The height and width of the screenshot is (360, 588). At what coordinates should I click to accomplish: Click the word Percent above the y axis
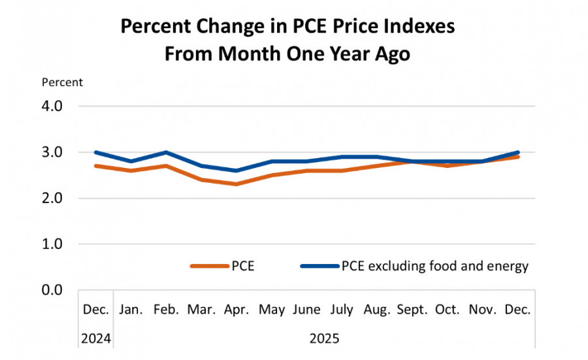[x=62, y=82]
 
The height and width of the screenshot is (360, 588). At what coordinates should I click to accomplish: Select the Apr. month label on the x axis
[x=237, y=308]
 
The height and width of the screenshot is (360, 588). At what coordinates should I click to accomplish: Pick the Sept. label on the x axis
[x=412, y=308]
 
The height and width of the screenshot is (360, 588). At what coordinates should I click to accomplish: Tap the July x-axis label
[x=342, y=308]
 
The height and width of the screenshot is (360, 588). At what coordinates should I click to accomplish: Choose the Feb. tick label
[x=166, y=308]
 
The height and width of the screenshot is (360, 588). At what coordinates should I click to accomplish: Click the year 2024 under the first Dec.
[x=96, y=338]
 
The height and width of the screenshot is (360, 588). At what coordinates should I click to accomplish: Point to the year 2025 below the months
[x=325, y=338]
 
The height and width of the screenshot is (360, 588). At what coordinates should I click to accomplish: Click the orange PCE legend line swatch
[x=209, y=266]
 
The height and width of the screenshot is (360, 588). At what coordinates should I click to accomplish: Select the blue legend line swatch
[x=319, y=266]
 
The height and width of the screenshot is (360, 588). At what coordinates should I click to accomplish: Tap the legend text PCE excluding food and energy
[x=434, y=266]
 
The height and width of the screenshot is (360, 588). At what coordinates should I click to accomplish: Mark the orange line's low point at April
[x=237, y=184]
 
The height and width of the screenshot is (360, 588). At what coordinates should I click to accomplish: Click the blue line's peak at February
[x=166, y=152]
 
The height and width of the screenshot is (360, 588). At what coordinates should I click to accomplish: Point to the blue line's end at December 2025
[x=517, y=152]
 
